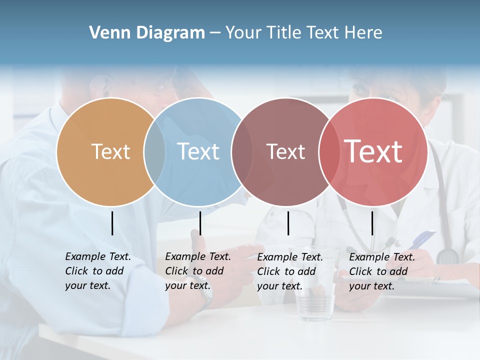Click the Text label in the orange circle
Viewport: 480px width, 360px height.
click(110, 151)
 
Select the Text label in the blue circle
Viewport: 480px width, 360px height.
click(198, 151)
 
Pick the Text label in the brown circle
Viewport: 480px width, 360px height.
click(285, 151)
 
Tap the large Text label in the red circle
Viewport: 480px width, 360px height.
click(373, 151)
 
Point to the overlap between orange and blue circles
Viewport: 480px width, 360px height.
click(154, 151)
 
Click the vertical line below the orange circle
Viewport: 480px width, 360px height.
click(112, 223)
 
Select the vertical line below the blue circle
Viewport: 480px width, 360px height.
click(200, 223)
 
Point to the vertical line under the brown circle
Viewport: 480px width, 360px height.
click(288, 223)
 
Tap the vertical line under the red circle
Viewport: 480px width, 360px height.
click(372, 223)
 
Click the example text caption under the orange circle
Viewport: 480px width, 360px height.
click(97, 271)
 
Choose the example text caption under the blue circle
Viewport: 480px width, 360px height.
click(197, 271)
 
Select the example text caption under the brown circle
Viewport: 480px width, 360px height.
click(289, 271)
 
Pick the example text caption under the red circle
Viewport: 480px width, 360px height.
click(381, 271)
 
